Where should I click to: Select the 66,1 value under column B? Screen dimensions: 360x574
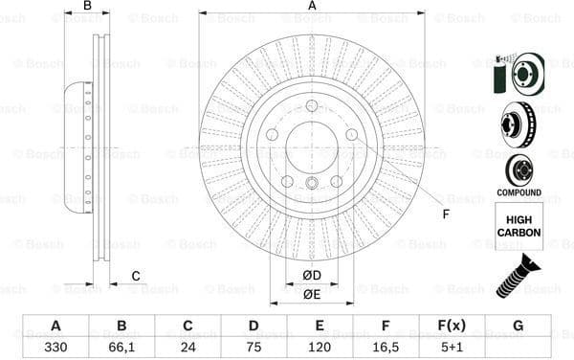[x=121, y=346]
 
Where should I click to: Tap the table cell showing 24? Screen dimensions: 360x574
[x=188, y=346]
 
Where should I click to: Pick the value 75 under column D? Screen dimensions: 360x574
[x=254, y=346]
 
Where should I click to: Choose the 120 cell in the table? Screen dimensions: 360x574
[x=320, y=346]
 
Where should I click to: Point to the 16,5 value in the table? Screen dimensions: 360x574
[x=386, y=346]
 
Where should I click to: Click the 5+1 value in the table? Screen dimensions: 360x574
[x=452, y=346]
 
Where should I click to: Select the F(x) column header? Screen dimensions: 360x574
[x=452, y=326]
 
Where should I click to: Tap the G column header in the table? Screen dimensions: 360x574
[x=518, y=326]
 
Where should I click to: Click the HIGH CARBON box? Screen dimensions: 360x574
[x=519, y=226]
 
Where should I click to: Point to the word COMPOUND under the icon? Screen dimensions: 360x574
[x=519, y=192]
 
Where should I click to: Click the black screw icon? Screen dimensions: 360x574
[x=518, y=275]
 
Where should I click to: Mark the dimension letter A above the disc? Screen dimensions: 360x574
[x=312, y=6]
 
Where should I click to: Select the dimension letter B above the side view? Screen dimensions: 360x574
[x=87, y=6]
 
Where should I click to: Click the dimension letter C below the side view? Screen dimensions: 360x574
[x=136, y=277]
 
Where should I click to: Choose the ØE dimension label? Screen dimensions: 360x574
[x=312, y=295]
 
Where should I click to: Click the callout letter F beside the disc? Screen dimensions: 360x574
[x=446, y=214]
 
